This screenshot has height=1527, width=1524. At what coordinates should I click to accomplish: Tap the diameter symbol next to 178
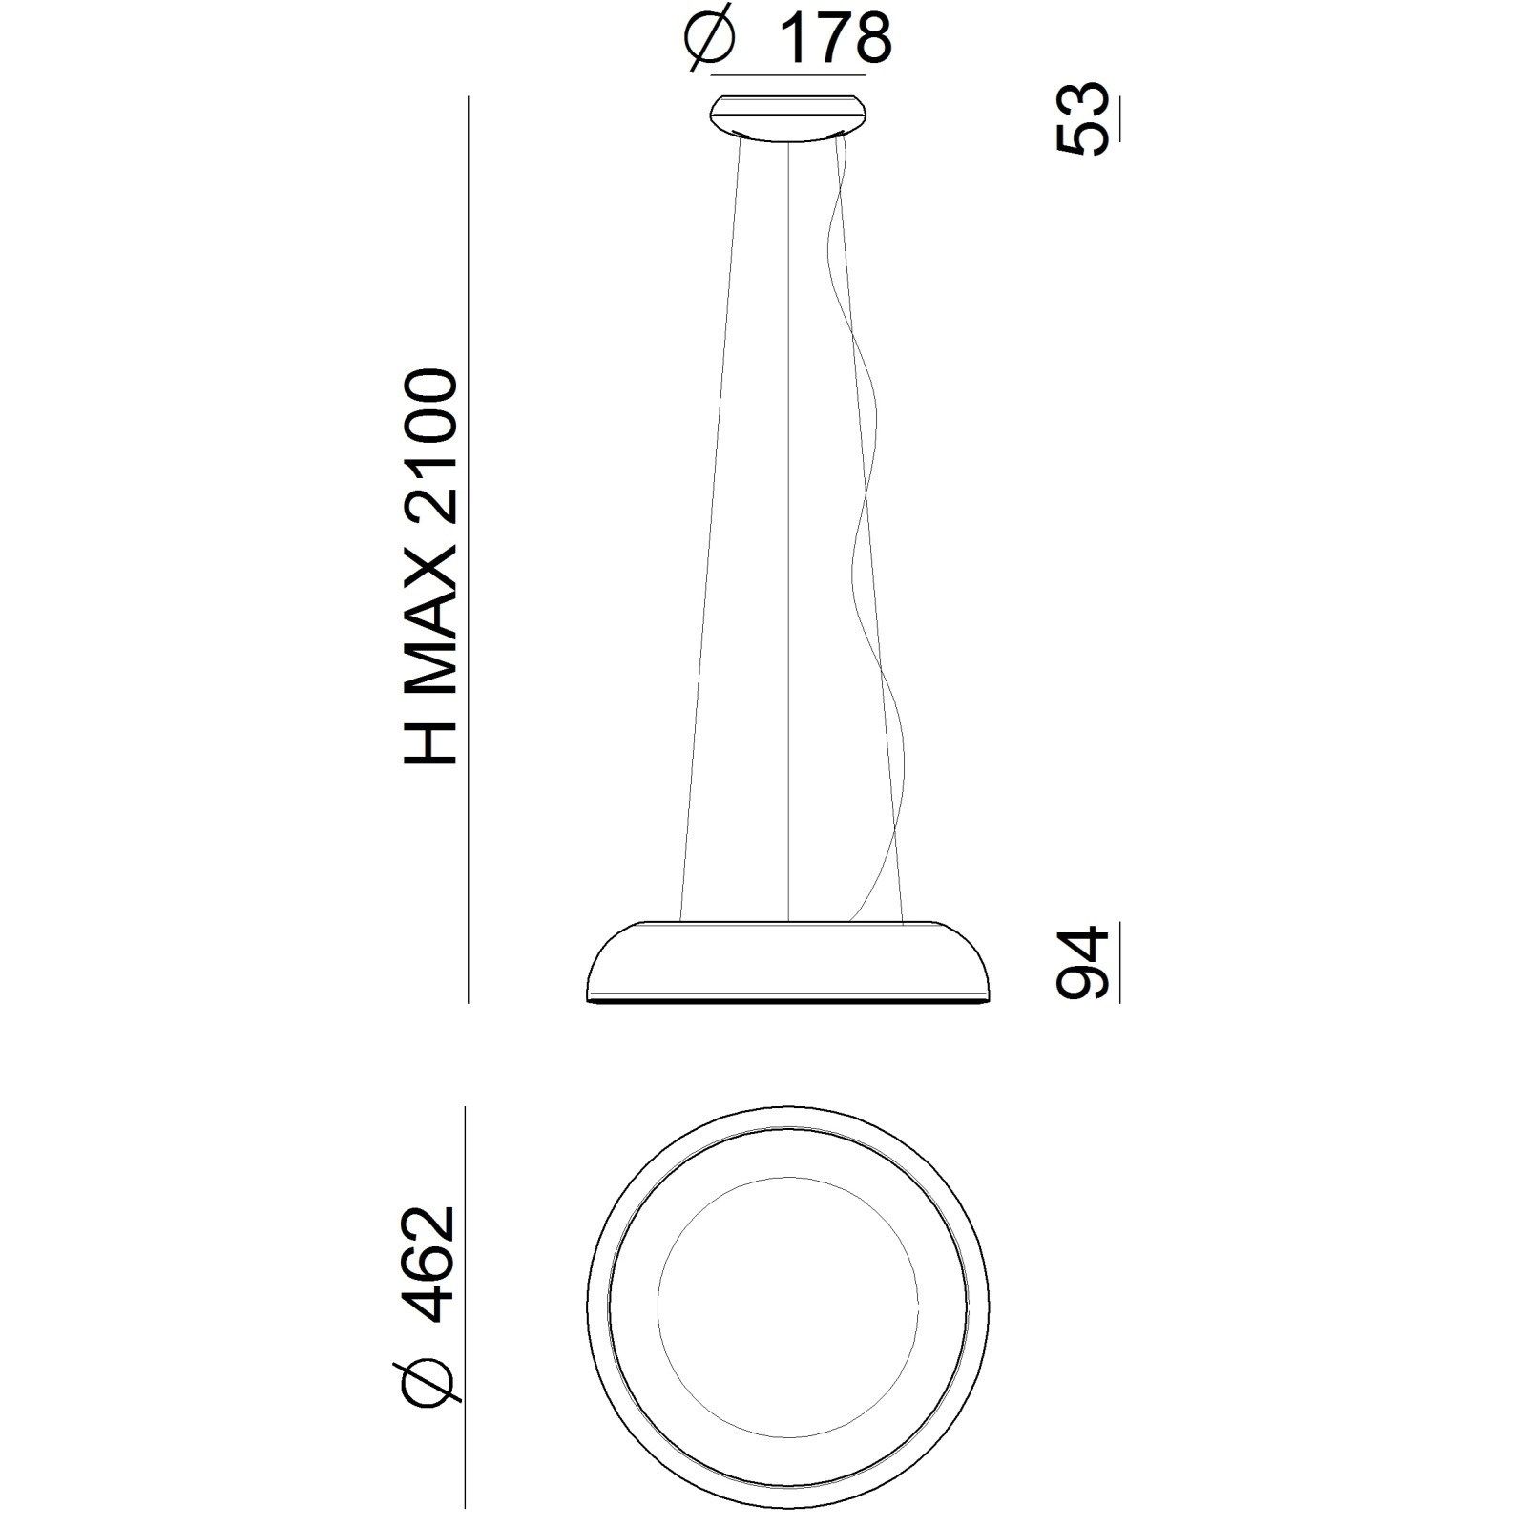(712, 40)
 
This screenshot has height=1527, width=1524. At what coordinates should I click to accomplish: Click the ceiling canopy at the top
(788, 119)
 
